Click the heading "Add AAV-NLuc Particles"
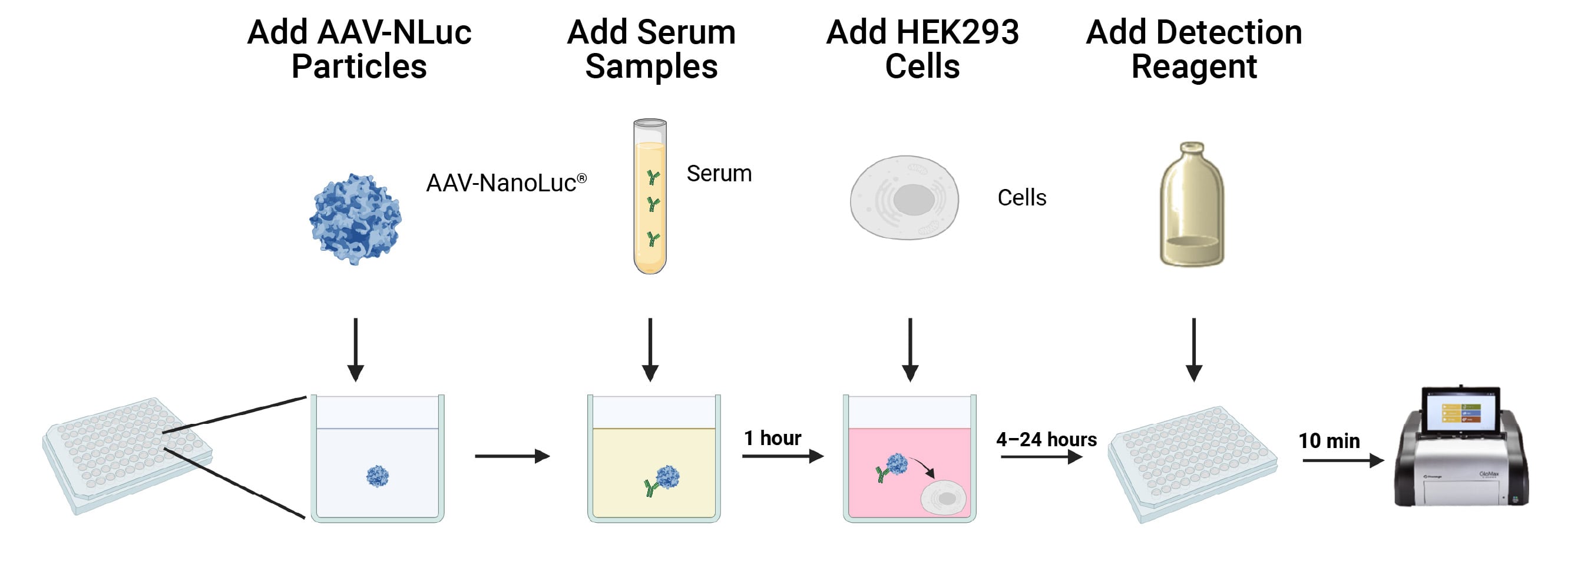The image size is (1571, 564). tap(359, 49)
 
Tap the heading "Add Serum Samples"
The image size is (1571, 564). tap(651, 49)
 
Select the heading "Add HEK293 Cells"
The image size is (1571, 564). tap(922, 49)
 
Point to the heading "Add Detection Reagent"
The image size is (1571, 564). tap(1193, 49)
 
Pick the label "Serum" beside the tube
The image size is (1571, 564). tap(719, 174)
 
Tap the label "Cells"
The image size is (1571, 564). tap(1021, 198)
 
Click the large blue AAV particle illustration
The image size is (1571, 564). tap(356, 218)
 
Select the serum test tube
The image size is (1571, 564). tap(650, 196)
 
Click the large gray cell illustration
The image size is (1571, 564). tap(904, 198)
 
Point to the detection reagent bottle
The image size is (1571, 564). tap(1192, 205)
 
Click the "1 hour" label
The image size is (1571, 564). tap(772, 438)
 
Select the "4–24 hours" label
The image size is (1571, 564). tap(1046, 439)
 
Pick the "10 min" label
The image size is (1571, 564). tap(1329, 440)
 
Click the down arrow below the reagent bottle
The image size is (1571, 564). tap(1193, 349)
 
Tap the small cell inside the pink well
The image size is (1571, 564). tap(944, 497)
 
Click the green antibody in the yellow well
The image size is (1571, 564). tap(650, 486)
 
